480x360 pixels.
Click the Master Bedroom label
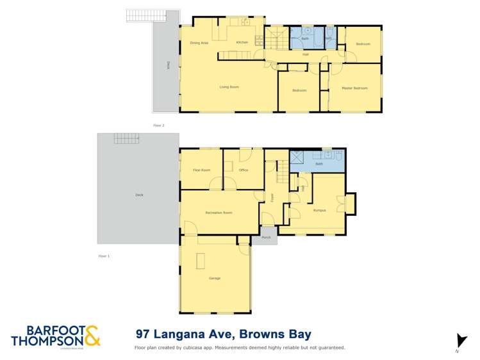[354, 88]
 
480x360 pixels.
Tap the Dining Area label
[199, 43]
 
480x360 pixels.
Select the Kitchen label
[242, 42]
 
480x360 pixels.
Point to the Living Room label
[229, 86]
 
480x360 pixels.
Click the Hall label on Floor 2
[306, 54]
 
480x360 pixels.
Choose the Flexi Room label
[201, 170]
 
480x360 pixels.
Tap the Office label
[243, 170]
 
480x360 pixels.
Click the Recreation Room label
[219, 212]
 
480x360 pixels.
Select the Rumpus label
[320, 210]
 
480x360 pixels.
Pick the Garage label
[214, 279]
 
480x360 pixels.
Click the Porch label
[266, 237]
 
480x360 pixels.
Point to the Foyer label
[272, 197]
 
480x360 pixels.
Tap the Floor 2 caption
[158, 126]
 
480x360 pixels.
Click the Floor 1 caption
[104, 256]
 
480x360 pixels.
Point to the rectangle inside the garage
[201, 261]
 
